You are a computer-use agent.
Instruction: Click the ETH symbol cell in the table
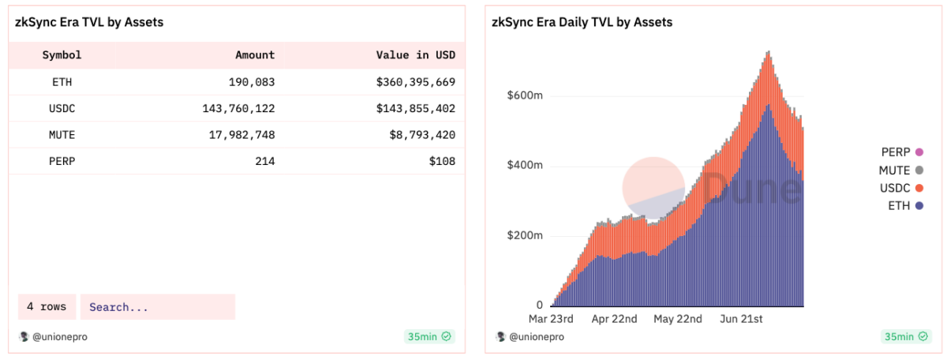62,82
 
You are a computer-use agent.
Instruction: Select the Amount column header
255,55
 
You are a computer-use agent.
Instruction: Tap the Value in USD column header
416,55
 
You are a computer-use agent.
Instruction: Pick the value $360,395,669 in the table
416,82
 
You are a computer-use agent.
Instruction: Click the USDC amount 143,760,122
238,109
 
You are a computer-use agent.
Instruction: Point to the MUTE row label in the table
62,135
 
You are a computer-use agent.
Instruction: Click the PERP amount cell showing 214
264,162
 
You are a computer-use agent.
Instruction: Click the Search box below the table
157,307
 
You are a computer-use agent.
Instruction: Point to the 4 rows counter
47,307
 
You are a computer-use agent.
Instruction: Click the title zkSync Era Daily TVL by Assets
582,22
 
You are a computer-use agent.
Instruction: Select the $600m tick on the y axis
524,96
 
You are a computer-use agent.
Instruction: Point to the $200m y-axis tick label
524,236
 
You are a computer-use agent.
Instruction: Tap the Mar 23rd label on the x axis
550,319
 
